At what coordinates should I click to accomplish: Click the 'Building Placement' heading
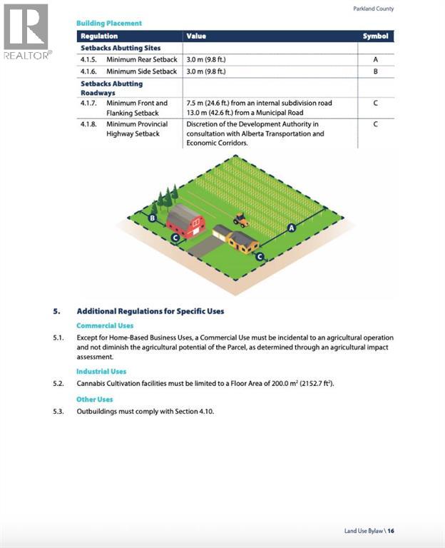109,24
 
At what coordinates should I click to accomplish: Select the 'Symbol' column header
375,36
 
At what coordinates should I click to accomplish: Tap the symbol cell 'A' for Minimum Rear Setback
375,59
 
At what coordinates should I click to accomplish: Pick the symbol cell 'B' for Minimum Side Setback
375,71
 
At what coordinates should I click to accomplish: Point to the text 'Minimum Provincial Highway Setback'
137,129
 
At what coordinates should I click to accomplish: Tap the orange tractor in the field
241,220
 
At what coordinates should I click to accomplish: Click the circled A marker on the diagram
291,228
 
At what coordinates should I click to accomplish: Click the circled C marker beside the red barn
175,238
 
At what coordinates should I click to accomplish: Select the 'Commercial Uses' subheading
105,326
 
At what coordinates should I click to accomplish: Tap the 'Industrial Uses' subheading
101,372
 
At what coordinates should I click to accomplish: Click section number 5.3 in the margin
58,411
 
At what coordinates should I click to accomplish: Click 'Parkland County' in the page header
374,9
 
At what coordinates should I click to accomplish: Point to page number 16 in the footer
392,531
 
